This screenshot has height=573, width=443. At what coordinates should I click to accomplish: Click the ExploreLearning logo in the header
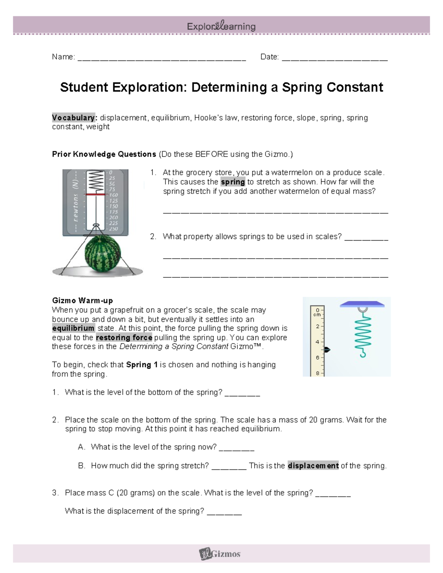221,26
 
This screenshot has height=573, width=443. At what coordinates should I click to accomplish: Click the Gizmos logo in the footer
220,553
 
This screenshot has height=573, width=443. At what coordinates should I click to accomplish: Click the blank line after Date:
334,58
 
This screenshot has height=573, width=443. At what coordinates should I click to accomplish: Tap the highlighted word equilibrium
73,328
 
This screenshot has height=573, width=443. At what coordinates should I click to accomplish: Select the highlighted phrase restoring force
124,338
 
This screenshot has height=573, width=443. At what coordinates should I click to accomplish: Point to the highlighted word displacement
313,466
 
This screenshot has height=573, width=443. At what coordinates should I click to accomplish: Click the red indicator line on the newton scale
95,194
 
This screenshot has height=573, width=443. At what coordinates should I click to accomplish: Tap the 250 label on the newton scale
113,229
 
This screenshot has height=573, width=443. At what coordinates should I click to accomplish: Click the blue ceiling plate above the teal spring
362,304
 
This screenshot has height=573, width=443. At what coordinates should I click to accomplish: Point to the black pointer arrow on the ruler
327,349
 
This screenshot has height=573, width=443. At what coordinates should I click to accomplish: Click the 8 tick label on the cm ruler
317,373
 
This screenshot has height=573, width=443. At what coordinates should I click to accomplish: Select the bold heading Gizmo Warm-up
82,300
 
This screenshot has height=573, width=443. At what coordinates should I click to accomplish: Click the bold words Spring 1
142,365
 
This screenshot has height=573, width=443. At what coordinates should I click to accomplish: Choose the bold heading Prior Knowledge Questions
104,154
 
